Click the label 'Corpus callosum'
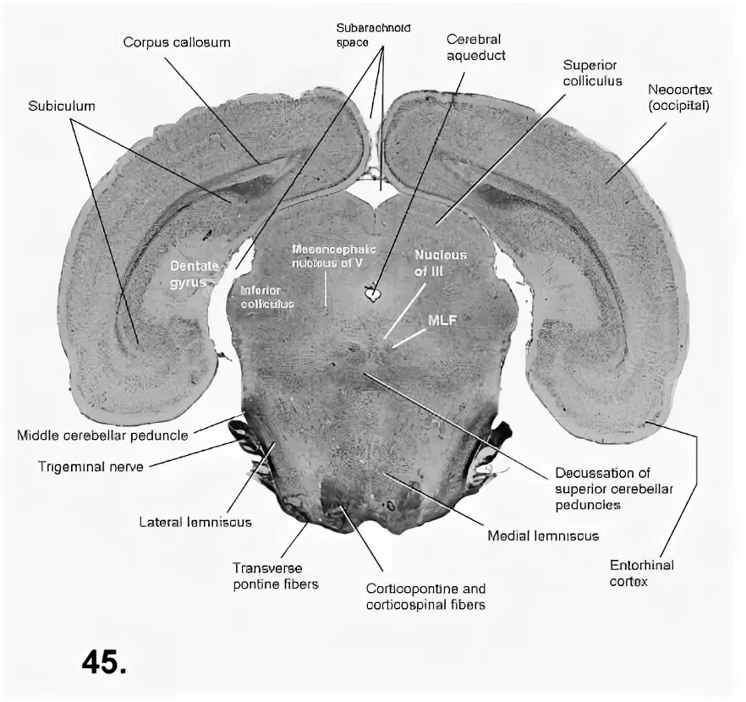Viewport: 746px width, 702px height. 176,41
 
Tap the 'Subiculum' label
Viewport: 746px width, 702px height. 61,107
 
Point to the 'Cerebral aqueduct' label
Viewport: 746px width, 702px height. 474,47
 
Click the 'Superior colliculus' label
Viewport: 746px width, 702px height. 592,73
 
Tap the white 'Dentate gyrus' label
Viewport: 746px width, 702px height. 194,273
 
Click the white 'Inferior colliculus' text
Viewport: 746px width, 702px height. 262,296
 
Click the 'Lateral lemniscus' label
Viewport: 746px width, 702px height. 195,522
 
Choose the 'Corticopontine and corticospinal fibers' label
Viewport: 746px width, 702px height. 425,595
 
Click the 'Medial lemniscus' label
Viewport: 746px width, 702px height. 542,535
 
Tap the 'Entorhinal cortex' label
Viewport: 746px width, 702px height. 641,573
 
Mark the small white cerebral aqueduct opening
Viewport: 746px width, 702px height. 372,294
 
